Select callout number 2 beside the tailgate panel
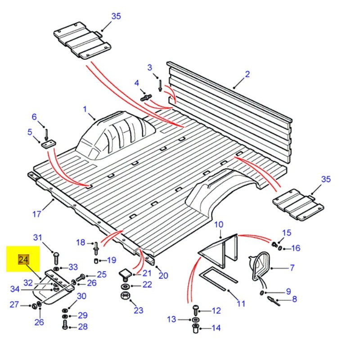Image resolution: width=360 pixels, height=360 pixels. click(x=247, y=74)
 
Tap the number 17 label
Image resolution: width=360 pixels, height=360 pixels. click(x=37, y=214)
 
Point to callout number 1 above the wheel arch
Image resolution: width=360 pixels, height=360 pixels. click(x=84, y=109)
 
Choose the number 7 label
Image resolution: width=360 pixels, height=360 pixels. click(x=292, y=268)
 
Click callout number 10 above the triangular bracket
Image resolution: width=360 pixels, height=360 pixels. click(x=218, y=225)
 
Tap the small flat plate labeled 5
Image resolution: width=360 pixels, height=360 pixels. click(x=47, y=144)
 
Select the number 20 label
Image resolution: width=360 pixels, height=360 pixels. click(x=163, y=275)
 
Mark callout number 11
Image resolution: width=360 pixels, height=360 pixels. click(x=241, y=303)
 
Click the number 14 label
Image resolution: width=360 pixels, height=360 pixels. click(x=216, y=328)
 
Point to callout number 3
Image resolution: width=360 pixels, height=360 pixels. click(x=150, y=67)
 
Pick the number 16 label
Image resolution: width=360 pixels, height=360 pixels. click(x=295, y=248)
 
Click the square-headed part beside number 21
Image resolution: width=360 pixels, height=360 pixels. click(x=125, y=273)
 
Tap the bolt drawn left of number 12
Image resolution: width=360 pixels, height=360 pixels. click(x=195, y=310)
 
